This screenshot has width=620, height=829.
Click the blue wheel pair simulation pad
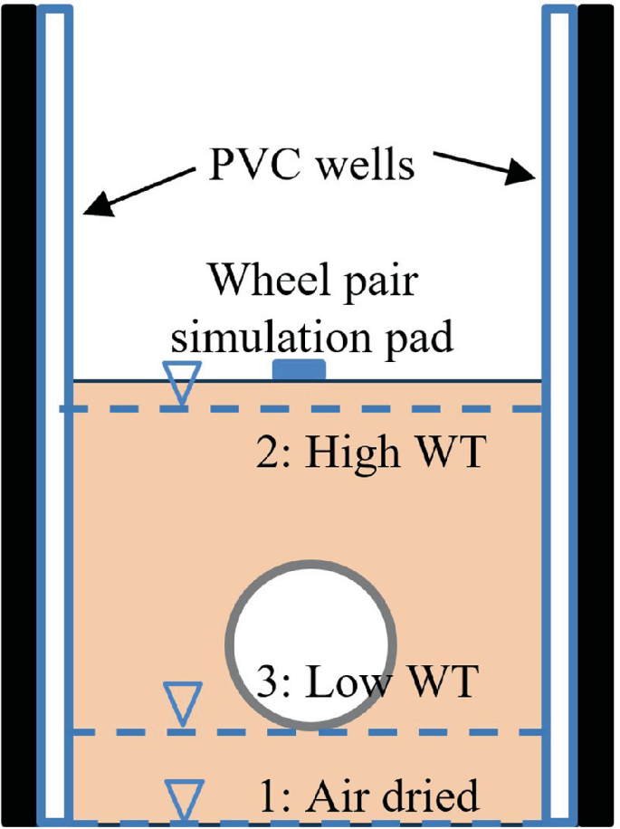pos(299,368)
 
